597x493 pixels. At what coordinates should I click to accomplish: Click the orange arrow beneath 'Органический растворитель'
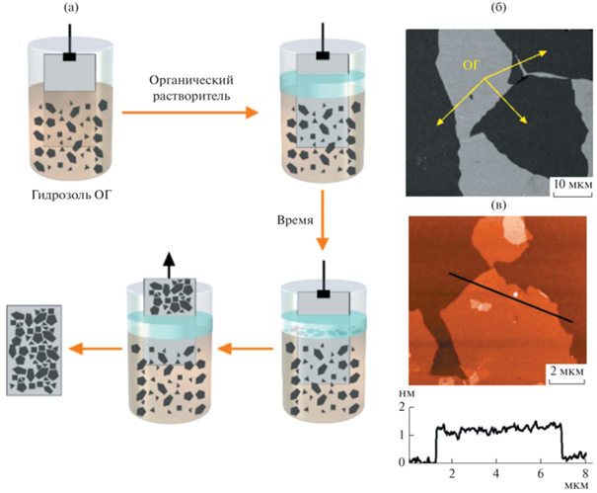186,115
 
